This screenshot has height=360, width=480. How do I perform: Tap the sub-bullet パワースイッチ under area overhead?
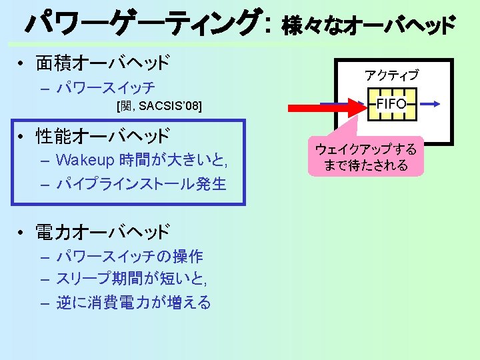(x=107, y=87)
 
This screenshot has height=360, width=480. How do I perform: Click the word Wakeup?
(x=85, y=160)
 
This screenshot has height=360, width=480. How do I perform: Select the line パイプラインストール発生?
(x=141, y=183)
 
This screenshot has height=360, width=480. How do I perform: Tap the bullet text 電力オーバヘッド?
(x=103, y=232)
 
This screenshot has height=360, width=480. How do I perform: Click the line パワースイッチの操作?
(x=130, y=257)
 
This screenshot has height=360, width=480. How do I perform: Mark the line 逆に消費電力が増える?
(x=133, y=303)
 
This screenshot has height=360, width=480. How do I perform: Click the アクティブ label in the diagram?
(x=391, y=75)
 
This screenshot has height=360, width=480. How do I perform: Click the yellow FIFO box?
(x=391, y=105)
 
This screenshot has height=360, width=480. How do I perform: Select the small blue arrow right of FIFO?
(x=429, y=104)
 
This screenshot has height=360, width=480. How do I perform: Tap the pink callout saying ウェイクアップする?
(x=365, y=149)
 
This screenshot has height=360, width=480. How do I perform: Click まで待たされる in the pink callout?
(x=365, y=165)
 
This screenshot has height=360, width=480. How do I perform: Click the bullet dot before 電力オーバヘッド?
(x=22, y=233)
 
